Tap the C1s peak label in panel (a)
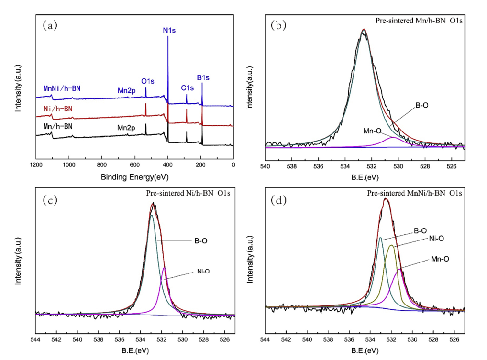[187, 88]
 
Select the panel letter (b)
[278, 25]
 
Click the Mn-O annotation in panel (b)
[373, 130]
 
